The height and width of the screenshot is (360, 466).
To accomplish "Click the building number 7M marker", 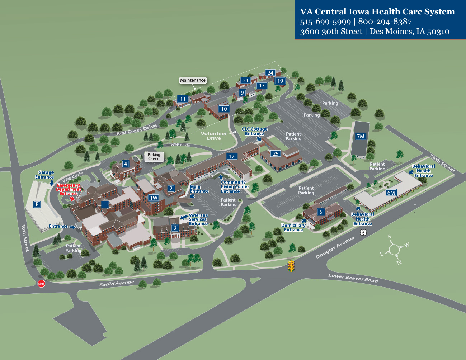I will click(x=361, y=136).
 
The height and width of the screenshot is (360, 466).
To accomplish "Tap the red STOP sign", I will click(x=42, y=284).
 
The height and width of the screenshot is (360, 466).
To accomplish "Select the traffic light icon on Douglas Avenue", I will click(x=291, y=266).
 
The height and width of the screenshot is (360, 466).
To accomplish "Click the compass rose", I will click(x=394, y=250).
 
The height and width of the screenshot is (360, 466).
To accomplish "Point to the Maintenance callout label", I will click(x=193, y=80).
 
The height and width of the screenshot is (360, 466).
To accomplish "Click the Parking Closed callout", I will click(x=154, y=157).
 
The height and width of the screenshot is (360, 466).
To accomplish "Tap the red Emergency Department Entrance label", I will click(x=69, y=189).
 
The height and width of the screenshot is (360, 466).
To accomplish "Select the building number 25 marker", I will click(x=276, y=153).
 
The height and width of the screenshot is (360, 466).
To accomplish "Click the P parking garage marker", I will click(x=37, y=204).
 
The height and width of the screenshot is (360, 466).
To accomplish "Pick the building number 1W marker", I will click(x=154, y=198).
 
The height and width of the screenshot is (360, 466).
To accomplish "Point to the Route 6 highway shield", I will click(x=364, y=233).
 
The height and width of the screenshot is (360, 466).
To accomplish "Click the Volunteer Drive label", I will click(x=214, y=136).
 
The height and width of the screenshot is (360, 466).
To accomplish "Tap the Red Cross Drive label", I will click(x=136, y=129).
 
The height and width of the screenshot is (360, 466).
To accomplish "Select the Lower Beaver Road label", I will click(x=353, y=278).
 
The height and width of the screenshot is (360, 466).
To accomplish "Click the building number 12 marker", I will click(x=231, y=156).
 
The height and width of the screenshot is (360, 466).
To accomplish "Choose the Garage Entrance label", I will click(x=44, y=175).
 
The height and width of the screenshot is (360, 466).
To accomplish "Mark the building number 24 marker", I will click(x=270, y=72).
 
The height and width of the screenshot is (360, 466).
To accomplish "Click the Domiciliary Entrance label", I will click(x=293, y=228).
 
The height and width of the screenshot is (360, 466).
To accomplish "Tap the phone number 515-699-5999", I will click(x=325, y=22).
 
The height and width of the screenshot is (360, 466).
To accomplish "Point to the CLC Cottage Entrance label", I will click(x=255, y=131).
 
